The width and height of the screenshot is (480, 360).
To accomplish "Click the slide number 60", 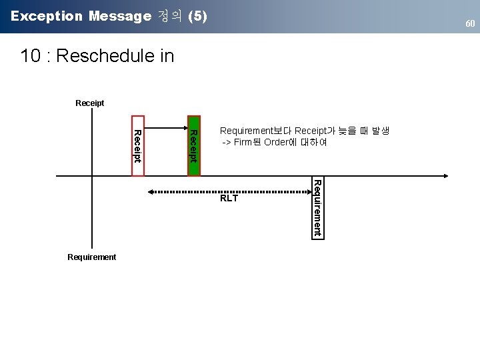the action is (470, 24).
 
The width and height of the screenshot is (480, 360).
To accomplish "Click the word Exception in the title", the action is (46, 16).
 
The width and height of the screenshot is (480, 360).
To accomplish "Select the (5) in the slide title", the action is (198, 16).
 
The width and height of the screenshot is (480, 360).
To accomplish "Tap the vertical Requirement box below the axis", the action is (317, 207).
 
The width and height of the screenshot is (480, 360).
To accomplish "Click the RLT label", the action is (229, 198).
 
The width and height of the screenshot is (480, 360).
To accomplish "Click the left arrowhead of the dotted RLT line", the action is (151, 191).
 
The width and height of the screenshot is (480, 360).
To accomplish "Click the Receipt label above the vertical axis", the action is (90, 103).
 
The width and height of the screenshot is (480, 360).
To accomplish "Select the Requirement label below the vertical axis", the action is (92, 257).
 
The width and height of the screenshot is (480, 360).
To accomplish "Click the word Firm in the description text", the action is (243, 142).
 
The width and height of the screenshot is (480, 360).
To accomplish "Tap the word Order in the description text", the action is (275, 142).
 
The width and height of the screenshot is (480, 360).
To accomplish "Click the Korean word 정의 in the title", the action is (171, 16).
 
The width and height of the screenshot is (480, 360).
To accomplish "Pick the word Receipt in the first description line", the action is (311, 131).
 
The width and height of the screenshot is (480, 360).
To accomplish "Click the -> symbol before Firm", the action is (226, 142).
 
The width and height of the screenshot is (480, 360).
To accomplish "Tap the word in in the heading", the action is (167, 56).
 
